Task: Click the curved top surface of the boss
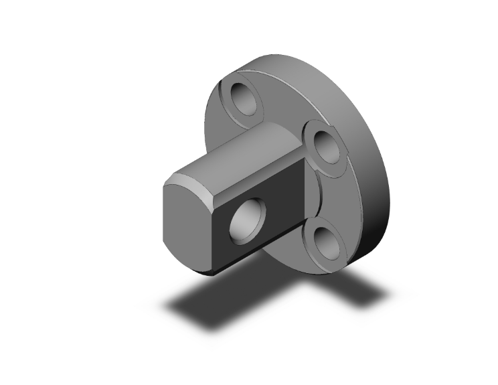(x=241, y=151)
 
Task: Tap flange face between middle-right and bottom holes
(x=335, y=194)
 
